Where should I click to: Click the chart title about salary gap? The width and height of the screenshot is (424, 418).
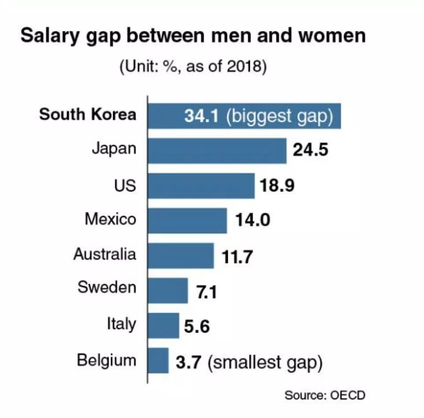coord(193,36)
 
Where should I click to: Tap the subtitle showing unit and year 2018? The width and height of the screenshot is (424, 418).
coord(193,68)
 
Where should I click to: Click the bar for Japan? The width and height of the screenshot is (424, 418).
coord(217,151)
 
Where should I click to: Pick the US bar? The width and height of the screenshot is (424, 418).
coord(201,185)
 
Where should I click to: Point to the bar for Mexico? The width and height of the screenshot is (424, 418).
coord(187,220)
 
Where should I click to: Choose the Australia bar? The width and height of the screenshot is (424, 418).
coord(181,255)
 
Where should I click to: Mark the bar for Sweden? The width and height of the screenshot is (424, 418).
coord(168,290)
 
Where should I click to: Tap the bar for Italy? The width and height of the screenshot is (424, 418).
coord(163,325)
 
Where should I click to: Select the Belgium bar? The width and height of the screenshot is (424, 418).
coord(158,360)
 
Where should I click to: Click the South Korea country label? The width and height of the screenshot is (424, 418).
coord(88,115)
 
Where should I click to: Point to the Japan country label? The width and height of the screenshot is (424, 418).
coord(114,149)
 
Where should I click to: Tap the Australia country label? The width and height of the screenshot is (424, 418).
coord(105,254)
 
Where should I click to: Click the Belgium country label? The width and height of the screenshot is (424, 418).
coord(106,360)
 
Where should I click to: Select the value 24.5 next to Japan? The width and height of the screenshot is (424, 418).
coord(310,151)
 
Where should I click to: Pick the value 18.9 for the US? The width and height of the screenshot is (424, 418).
coord(277,185)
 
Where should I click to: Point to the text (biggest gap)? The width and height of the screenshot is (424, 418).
coord(279,117)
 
